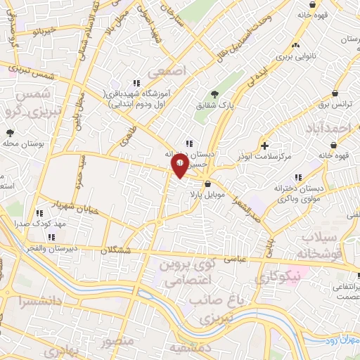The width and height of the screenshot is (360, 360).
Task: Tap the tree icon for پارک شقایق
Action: tap(215, 94)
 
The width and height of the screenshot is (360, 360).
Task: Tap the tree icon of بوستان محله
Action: tap(10, 132)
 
